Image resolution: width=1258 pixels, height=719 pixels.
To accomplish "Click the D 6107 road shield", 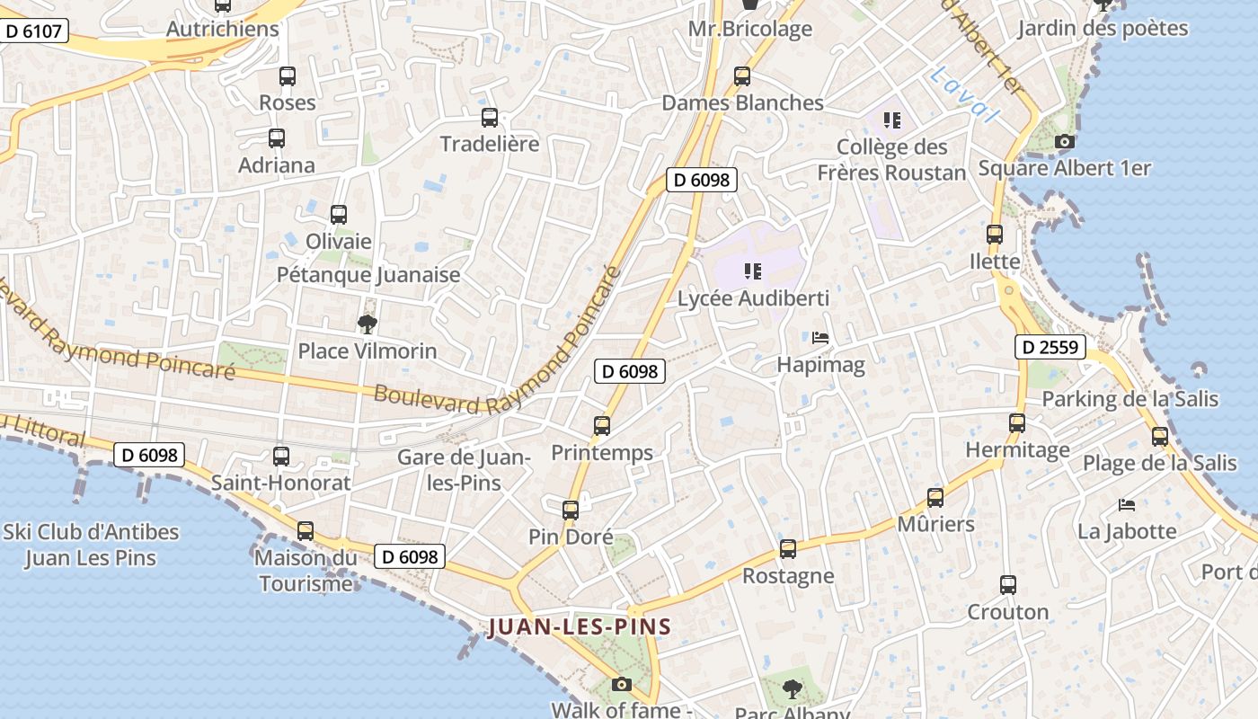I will click(x=33, y=31).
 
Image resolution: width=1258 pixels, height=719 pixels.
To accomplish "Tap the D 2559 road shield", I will click(x=1050, y=347).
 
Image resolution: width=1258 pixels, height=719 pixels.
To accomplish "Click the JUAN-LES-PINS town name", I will click(x=580, y=626).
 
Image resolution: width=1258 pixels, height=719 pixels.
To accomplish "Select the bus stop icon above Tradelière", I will click(x=490, y=117).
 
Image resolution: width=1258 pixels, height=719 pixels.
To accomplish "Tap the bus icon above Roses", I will click(x=288, y=76).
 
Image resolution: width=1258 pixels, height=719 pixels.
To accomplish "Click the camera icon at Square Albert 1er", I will click(x=1064, y=141).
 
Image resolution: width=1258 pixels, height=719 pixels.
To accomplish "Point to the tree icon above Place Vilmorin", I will click(x=367, y=324).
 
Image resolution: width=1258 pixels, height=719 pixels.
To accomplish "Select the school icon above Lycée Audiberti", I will click(x=753, y=271).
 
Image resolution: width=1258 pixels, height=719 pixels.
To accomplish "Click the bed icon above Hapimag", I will click(x=820, y=338).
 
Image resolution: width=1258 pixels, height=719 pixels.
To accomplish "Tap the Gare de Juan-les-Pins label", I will click(x=464, y=469).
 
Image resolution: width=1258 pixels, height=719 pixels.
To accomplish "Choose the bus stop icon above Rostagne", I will click(x=788, y=548).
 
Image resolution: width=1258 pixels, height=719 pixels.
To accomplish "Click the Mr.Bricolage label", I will click(x=749, y=29).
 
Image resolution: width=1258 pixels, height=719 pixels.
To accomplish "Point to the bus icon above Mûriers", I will click(x=935, y=497).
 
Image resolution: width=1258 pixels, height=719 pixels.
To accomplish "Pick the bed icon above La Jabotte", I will click(x=1127, y=504).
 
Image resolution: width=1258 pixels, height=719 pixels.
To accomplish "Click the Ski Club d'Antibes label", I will click(x=91, y=545).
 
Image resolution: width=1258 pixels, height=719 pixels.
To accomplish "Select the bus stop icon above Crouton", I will click(x=1007, y=585).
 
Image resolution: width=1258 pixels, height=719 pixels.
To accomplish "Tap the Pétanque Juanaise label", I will click(x=368, y=275).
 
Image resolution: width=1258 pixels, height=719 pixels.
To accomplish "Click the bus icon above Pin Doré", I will click(x=570, y=510).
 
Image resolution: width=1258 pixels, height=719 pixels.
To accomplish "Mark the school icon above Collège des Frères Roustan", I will click(x=891, y=120).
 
